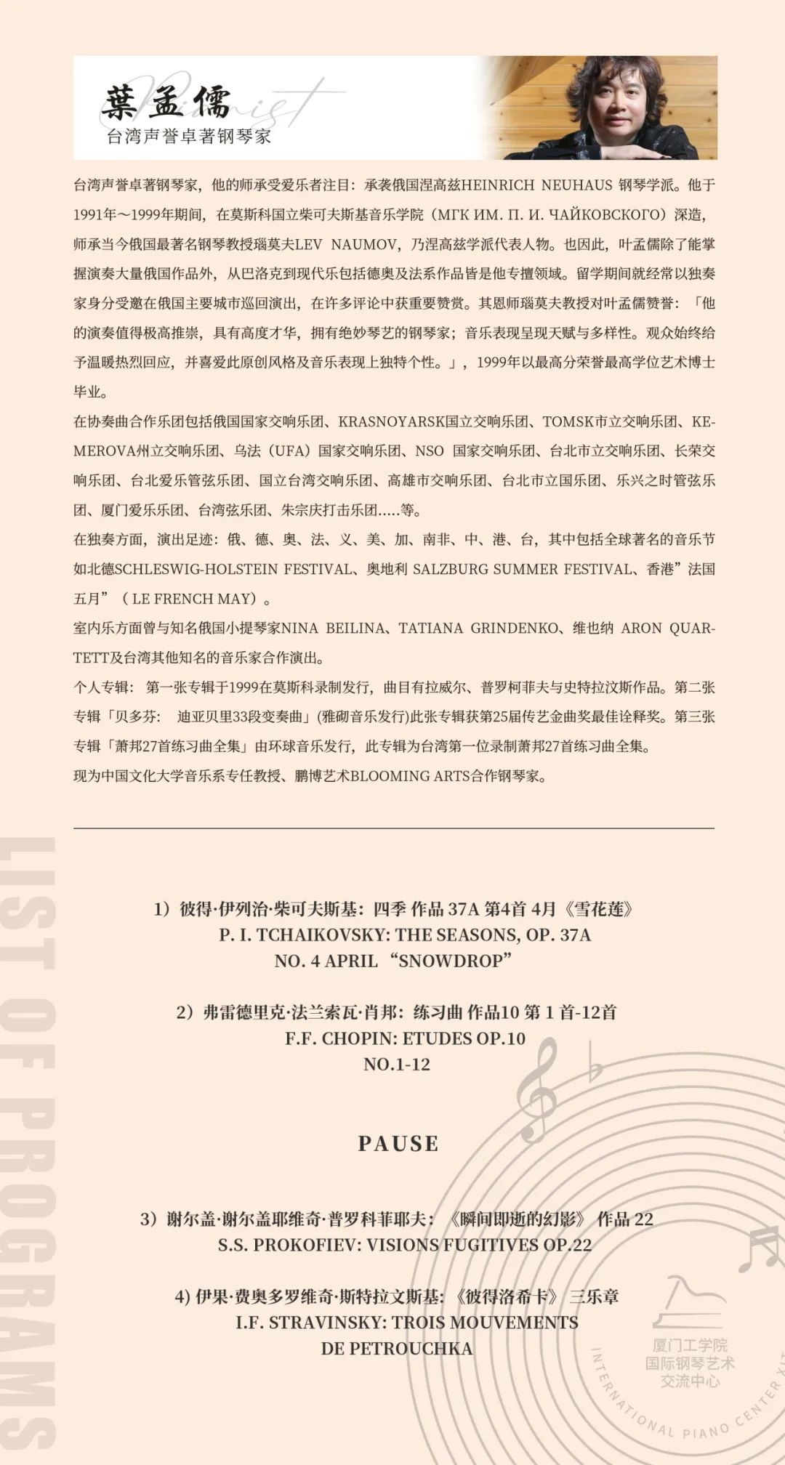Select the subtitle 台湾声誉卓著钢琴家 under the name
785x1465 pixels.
188,137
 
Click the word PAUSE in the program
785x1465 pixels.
398,1144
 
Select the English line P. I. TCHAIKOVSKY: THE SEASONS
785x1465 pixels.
405,935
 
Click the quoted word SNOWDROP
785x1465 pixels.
451,961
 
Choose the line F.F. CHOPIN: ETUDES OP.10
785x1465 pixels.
405,1038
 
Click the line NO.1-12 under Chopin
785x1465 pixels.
397,1065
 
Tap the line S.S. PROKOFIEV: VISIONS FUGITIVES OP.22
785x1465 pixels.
405,1245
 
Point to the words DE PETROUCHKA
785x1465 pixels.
397,1349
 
